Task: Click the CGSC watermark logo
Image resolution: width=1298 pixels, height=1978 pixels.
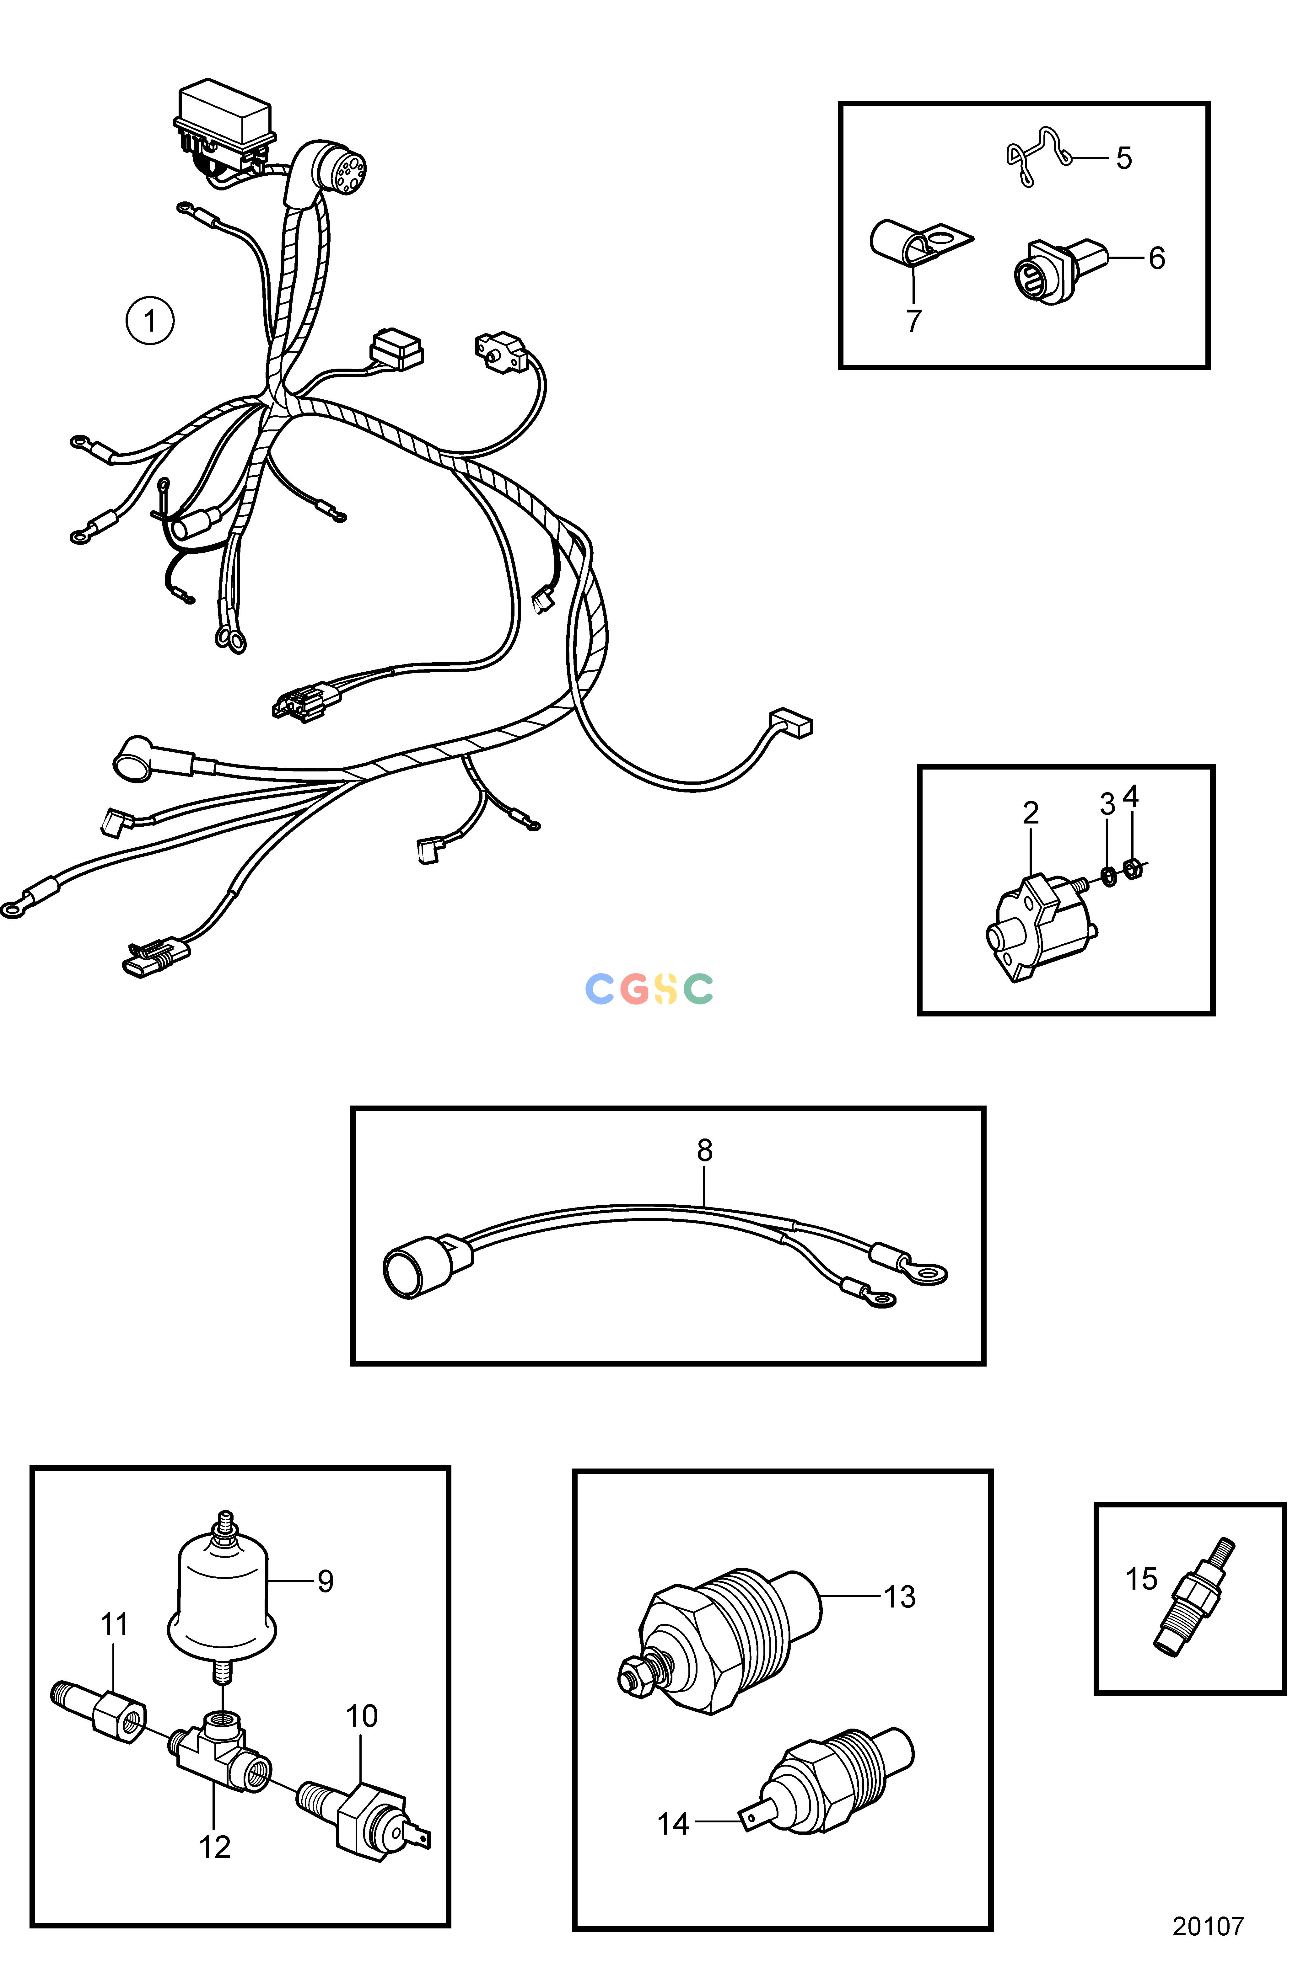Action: pos(649,988)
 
